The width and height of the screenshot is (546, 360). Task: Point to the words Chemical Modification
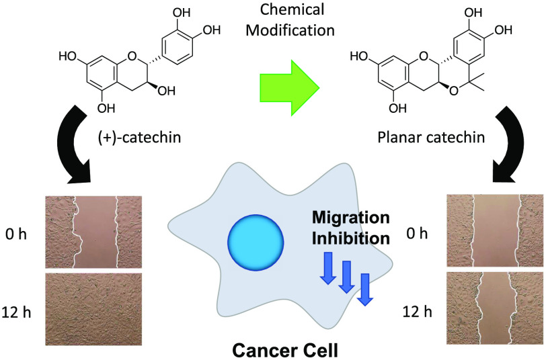(271, 22)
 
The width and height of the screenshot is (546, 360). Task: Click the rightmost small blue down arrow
(365, 289)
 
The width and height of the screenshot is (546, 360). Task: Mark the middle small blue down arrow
(346, 279)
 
